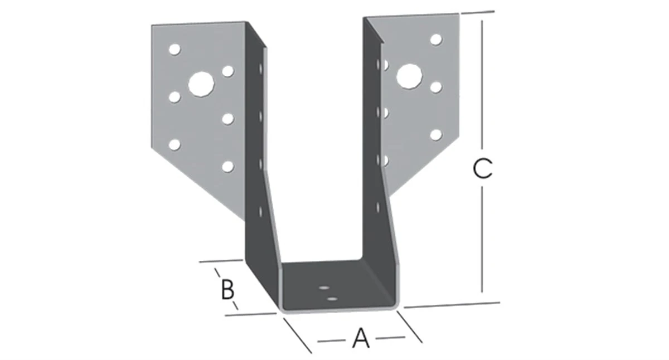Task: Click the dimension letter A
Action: point(361,338)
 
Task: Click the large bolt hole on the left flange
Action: point(201,84)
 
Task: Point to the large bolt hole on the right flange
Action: point(409,76)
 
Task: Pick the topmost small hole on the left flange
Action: point(174,50)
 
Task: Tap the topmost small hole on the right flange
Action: point(436,40)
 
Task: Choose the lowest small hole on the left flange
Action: point(227,166)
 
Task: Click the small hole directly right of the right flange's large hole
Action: point(436,87)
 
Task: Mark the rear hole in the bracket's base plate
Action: point(323,289)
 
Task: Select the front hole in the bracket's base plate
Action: point(332,299)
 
